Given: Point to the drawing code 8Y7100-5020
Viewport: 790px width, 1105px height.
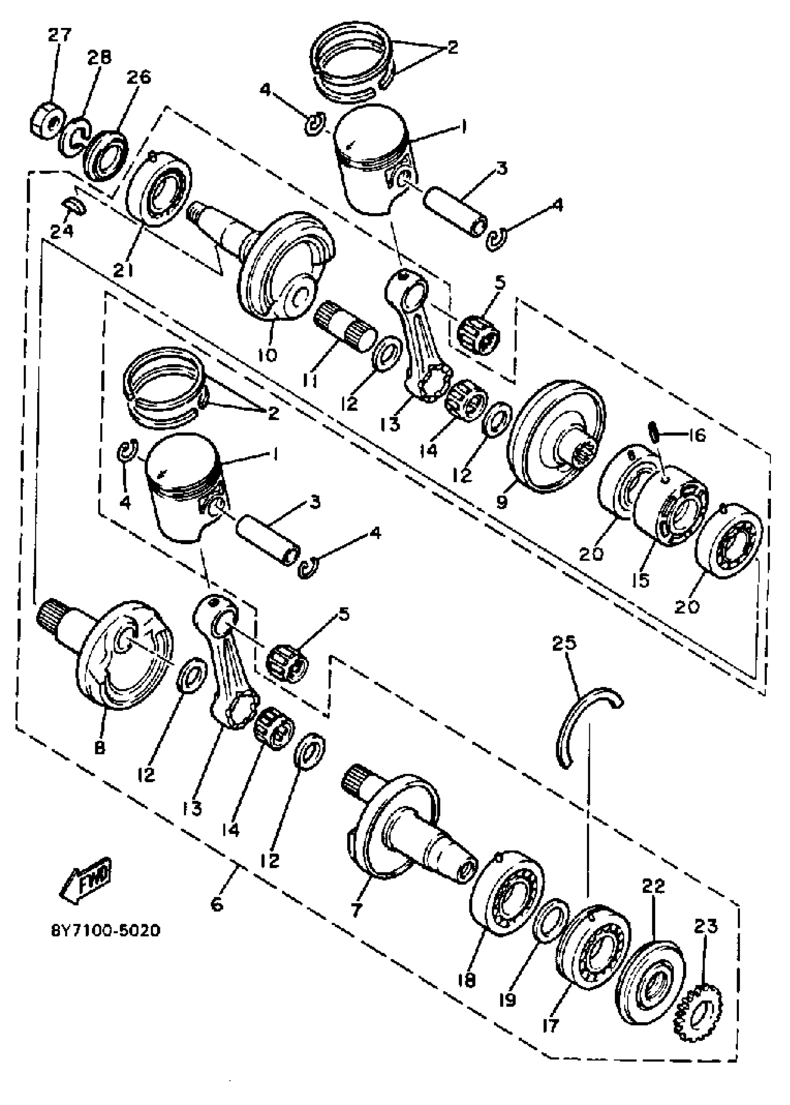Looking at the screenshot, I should [105, 931].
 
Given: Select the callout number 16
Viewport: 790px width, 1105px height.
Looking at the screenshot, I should [697, 435].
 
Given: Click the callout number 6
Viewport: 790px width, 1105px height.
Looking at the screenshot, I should [217, 904].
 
